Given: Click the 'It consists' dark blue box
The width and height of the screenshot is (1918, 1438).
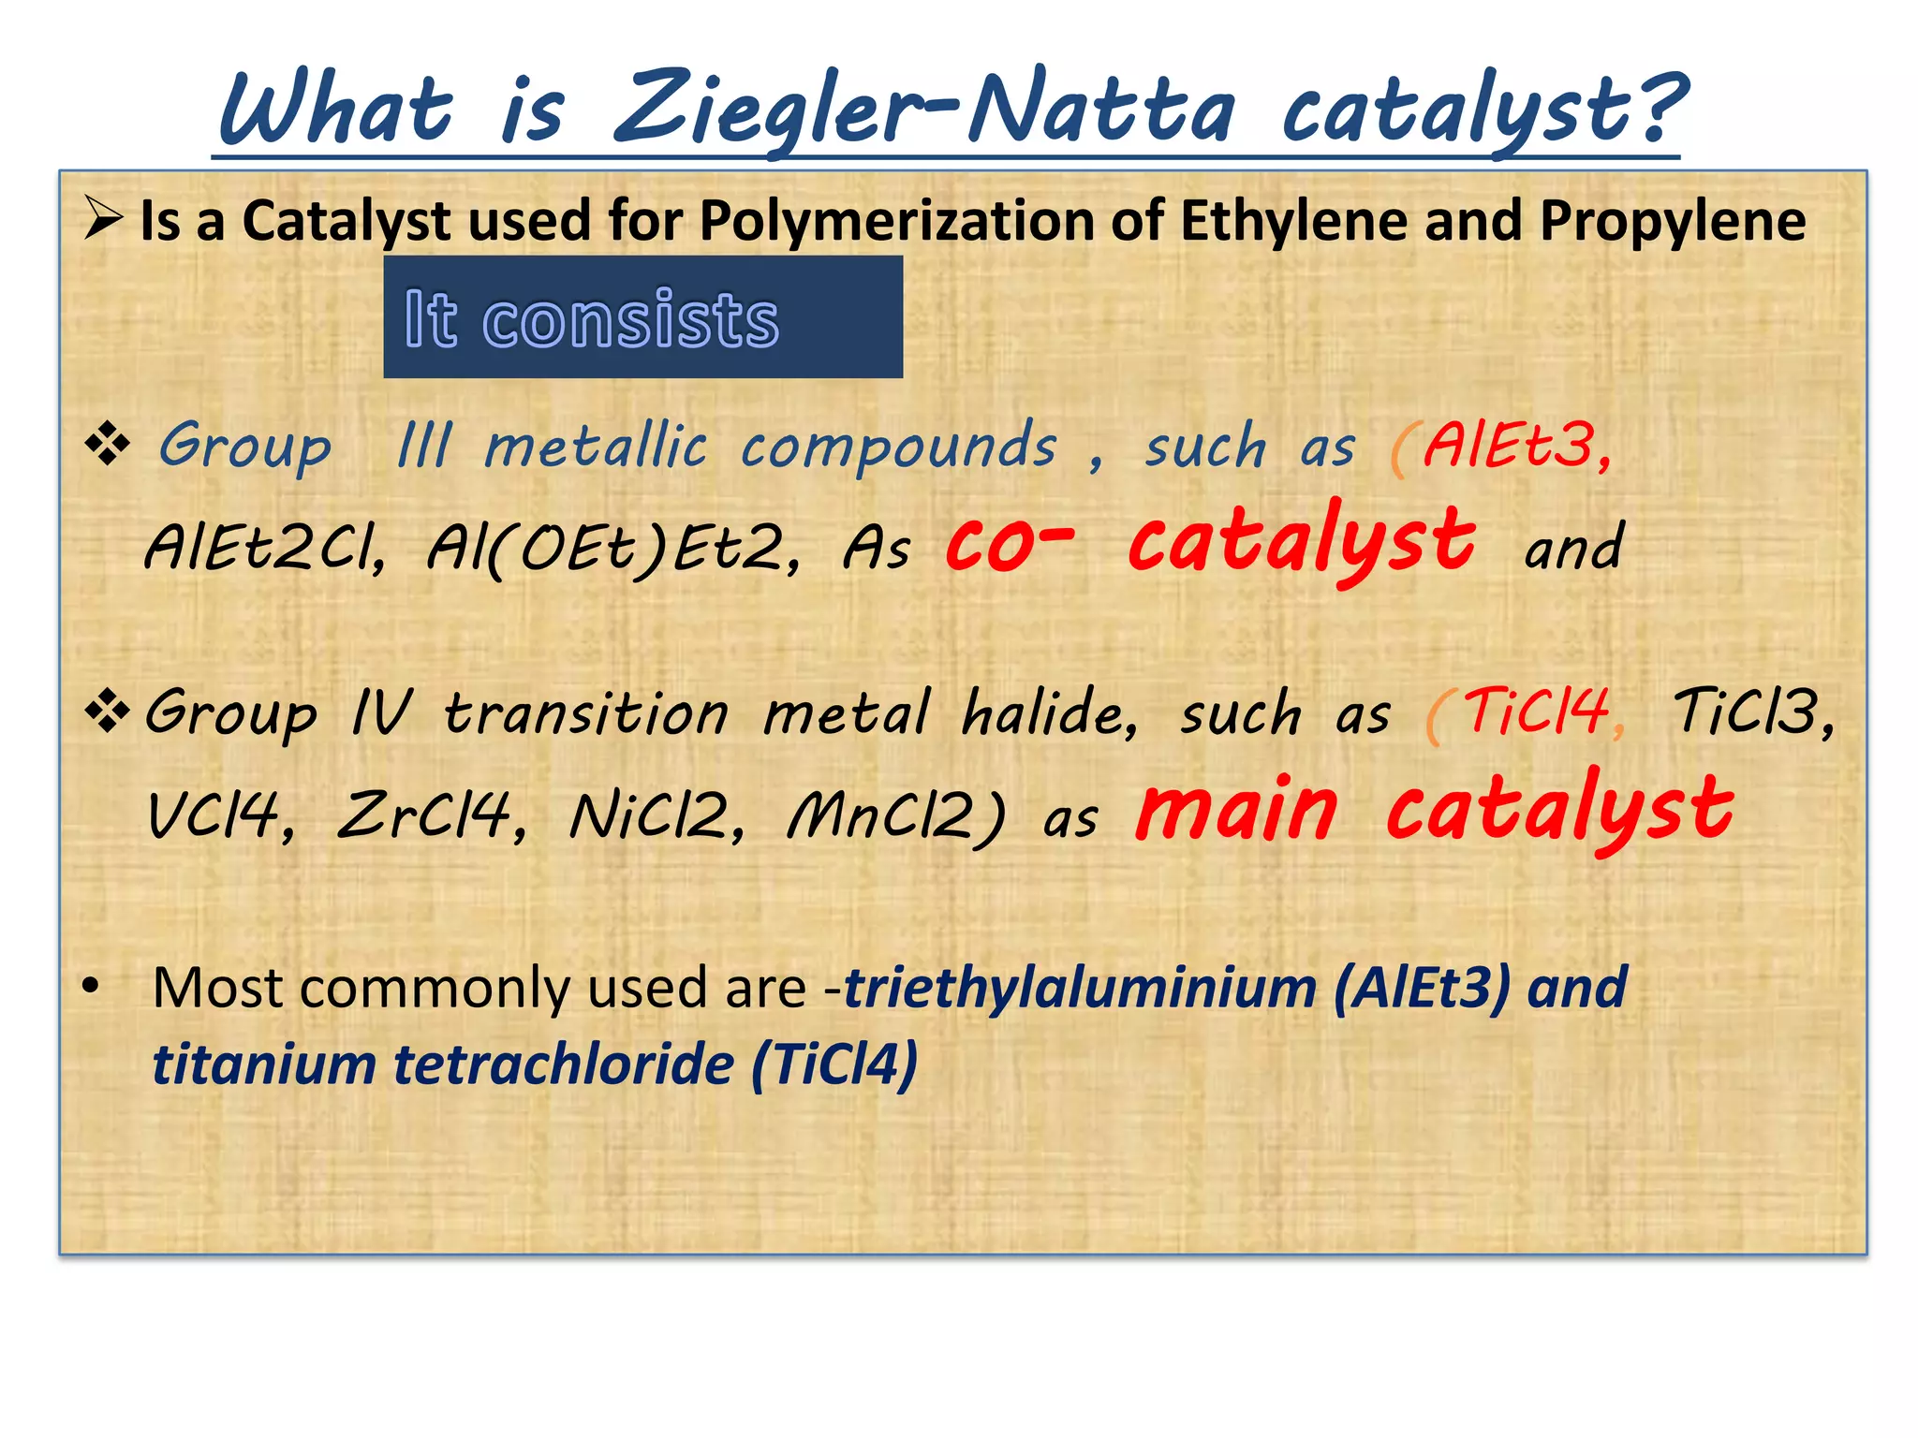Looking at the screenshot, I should click(642, 317).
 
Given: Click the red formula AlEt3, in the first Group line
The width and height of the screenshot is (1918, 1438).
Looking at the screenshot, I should click(1517, 446).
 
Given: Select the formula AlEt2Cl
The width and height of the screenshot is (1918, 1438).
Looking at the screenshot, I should click(264, 548).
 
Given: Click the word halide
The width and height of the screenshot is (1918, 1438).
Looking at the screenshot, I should click(1049, 713).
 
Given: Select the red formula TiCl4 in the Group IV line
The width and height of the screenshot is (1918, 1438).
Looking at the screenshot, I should click(1536, 712).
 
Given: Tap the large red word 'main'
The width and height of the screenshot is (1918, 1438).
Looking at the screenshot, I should click(1236, 810).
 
